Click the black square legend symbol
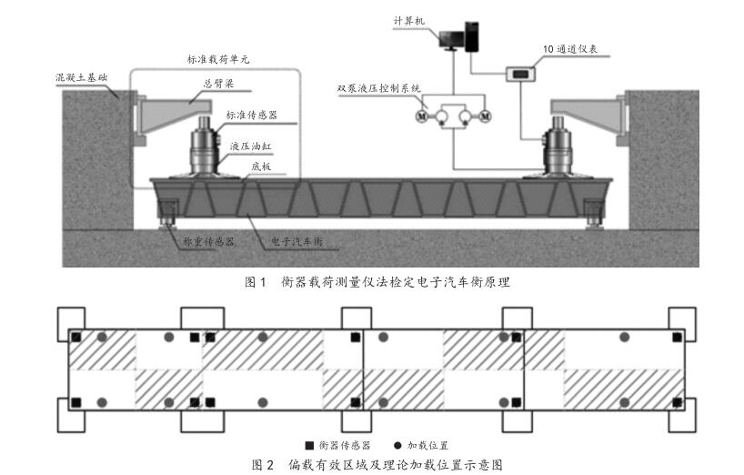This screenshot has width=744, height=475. coord(309,446)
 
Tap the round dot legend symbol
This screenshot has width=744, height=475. coord(397,446)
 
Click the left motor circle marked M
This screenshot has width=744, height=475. coord(421,116)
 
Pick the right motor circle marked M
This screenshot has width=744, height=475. coord(485,116)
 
